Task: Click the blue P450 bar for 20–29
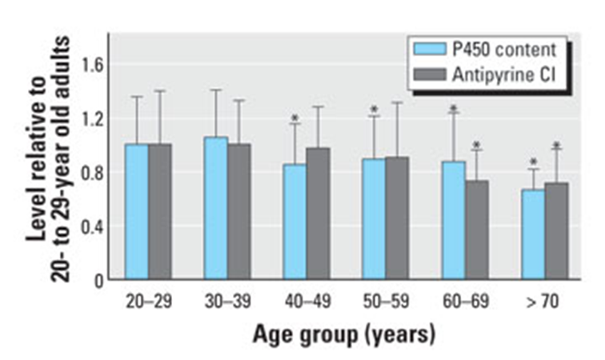pos(136,212)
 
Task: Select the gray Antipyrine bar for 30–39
pos(238,212)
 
